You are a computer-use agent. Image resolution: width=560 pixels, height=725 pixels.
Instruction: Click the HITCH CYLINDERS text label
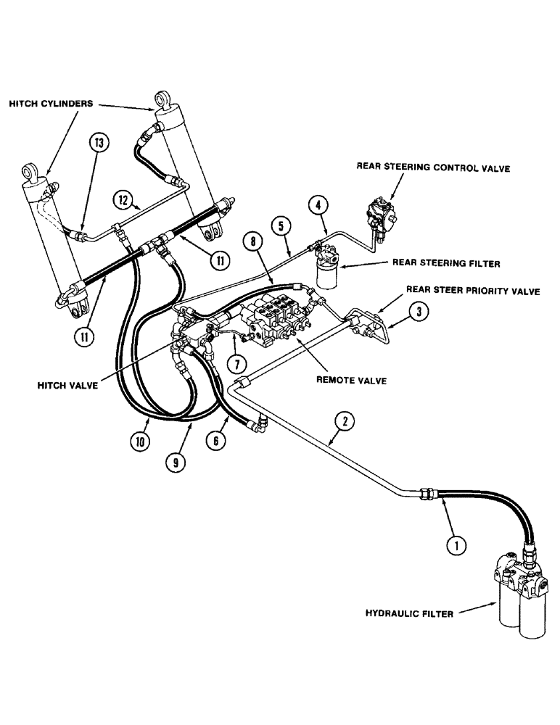click(x=51, y=104)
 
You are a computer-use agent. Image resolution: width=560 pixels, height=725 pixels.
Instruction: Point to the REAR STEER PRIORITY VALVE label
click(x=473, y=291)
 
